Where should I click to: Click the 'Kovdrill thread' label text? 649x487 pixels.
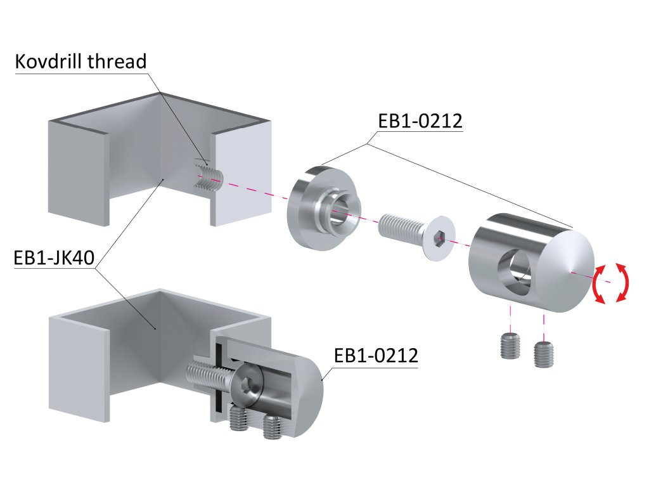pyautogui.click(x=80, y=62)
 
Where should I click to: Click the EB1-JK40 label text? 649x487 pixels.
pyautogui.click(x=53, y=259)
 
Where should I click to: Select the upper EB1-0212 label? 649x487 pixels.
pyautogui.click(x=420, y=120)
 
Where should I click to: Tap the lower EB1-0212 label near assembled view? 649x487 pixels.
pyautogui.click(x=376, y=356)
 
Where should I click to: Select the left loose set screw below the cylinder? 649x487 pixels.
pyautogui.click(x=509, y=346)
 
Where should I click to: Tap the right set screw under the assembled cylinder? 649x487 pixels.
pyautogui.click(x=273, y=427)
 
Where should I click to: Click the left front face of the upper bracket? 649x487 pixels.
pyautogui.click(x=76, y=171)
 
